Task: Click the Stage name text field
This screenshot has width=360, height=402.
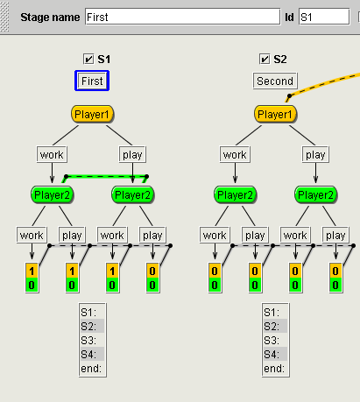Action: tap(183, 17)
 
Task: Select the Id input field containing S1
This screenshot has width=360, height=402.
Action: tap(324, 17)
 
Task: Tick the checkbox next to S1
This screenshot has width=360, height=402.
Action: tap(88, 59)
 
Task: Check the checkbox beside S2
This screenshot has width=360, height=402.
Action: tap(265, 59)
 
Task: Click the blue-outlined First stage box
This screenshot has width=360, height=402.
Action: tap(92, 81)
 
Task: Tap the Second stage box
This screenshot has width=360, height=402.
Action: tap(275, 81)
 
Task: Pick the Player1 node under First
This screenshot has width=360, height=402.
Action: tap(92, 114)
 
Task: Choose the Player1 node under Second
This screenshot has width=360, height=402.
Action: tap(275, 114)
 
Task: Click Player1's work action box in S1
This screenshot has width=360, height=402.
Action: tap(52, 154)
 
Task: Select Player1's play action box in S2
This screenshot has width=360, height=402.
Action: tap(315, 154)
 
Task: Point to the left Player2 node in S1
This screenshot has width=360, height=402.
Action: tap(52, 194)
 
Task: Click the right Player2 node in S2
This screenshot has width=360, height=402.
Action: tap(315, 194)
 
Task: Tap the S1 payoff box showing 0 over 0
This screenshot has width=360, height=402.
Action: tap(152, 278)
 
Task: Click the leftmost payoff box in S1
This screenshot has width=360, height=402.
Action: tap(32, 278)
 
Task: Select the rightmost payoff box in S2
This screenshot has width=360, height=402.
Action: tap(335, 278)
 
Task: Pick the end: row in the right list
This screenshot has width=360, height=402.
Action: tap(275, 369)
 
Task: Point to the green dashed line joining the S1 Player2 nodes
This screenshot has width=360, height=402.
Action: tap(106, 176)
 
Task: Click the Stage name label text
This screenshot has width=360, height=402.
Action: tap(50, 18)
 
